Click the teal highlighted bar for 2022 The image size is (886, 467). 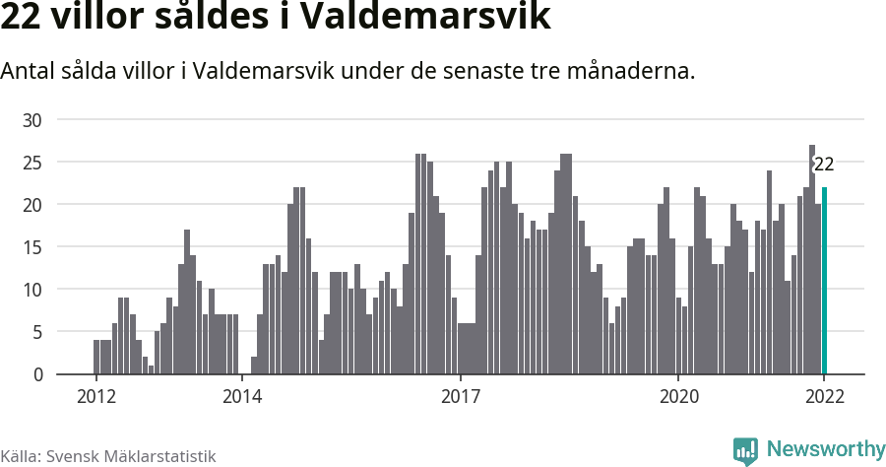824,281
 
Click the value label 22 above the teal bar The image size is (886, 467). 824,165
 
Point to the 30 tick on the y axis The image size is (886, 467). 33,120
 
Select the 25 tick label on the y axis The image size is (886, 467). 33,163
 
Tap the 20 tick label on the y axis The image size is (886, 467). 33,205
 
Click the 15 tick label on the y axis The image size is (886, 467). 33,247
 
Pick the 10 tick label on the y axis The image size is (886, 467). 33,290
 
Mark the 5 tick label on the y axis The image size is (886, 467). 38,332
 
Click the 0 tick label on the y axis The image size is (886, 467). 38,374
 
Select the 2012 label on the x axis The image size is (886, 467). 95,397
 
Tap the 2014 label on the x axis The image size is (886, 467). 241,397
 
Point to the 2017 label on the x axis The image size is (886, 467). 460,397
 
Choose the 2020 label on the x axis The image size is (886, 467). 678,397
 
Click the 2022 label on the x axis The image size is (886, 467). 824,397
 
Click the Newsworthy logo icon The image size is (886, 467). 745,450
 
